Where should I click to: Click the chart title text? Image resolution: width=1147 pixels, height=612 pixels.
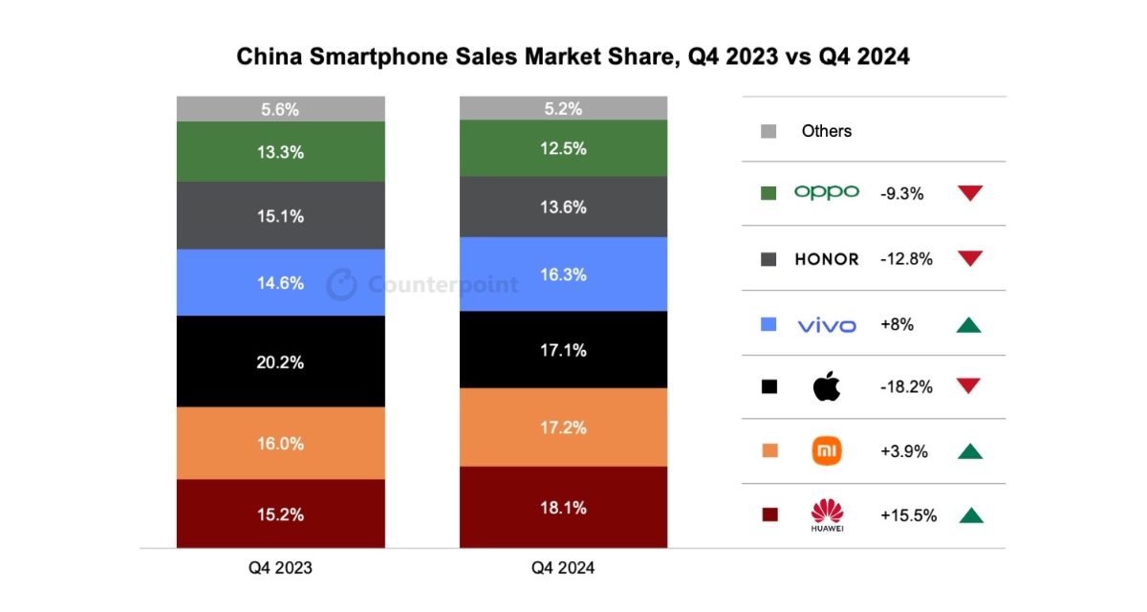coord(573,57)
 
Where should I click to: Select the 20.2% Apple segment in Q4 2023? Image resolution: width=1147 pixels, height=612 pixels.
coord(281,361)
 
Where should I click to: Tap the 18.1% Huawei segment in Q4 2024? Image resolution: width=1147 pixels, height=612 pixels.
coord(563,507)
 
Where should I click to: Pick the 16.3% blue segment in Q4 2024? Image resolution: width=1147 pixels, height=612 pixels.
coord(563,274)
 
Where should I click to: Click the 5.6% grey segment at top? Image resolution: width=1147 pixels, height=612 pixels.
coord(281,109)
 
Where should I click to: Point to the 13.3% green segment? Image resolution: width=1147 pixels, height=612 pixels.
coord(281,150)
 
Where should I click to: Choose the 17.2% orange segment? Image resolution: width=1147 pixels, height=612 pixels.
coord(563,427)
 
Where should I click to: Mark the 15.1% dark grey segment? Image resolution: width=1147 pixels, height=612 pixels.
coord(281,216)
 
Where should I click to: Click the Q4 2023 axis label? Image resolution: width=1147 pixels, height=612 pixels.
coord(281,568)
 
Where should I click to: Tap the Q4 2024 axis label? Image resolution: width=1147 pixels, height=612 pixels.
coord(563,568)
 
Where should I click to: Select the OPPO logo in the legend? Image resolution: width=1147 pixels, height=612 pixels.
coord(827,193)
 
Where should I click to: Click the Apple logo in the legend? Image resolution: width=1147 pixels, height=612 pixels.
coord(826,387)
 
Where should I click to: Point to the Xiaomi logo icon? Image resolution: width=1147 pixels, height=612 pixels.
coord(827,451)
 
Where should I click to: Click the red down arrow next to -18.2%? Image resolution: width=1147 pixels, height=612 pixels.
coord(970,386)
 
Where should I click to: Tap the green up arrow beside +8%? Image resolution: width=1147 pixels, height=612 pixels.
coord(970,325)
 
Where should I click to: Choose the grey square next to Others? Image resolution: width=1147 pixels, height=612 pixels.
coord(768,131)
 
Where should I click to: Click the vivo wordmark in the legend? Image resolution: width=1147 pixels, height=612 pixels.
coord(827,325)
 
